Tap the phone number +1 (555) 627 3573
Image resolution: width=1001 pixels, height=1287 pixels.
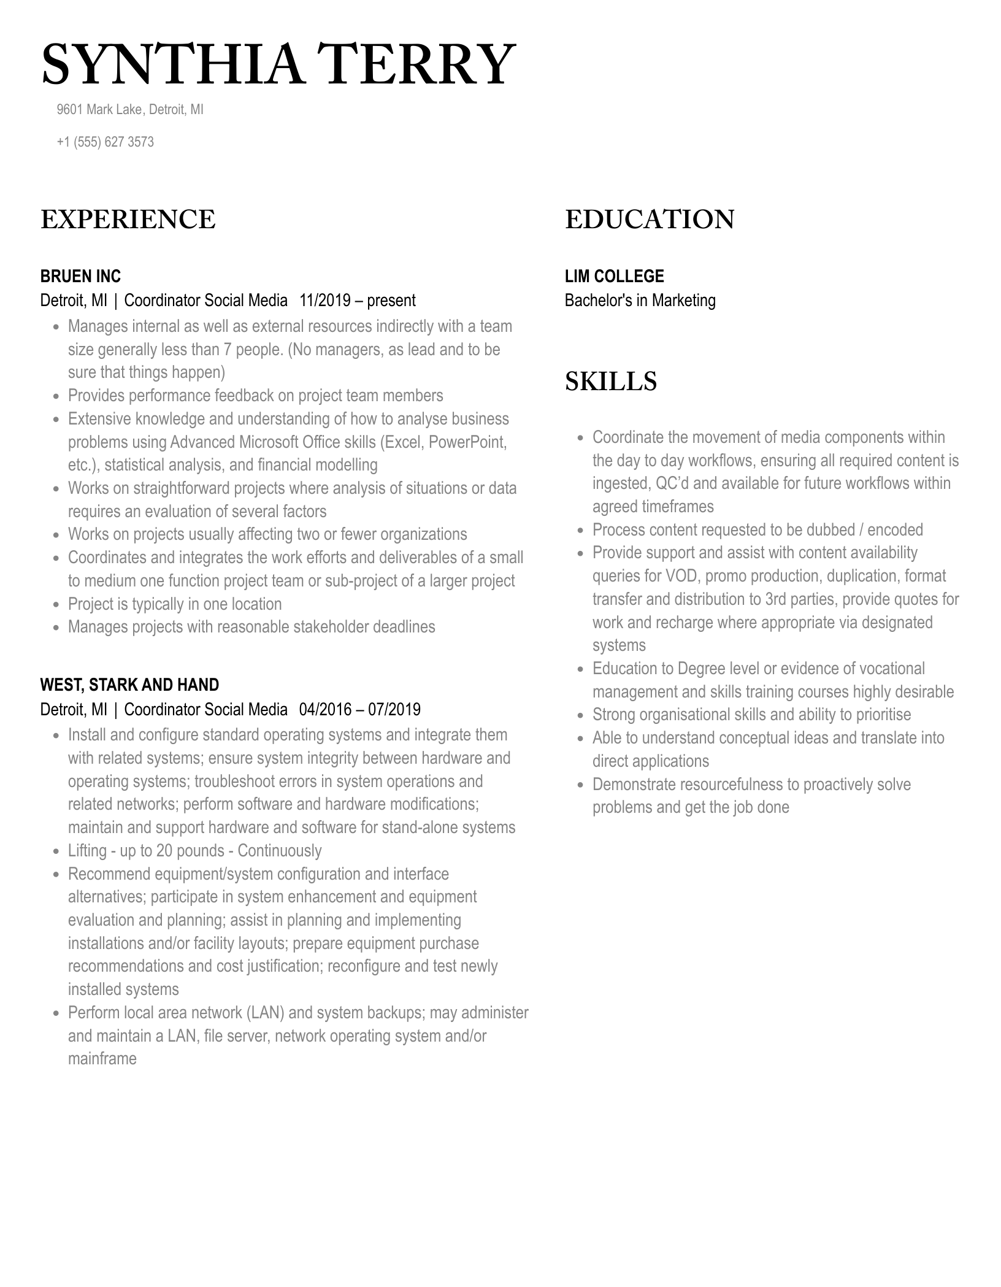click(x=105, y=142)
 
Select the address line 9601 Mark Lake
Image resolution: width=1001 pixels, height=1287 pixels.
click(x=99, y=110)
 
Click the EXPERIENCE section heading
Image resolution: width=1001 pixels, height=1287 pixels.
click(x=128, y=220)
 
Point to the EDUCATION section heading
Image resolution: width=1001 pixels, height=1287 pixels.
click(x=650, y=220)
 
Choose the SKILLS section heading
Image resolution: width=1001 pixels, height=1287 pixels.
click(x=610, y=382)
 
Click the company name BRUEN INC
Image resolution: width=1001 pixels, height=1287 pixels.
click(x=80, y=276)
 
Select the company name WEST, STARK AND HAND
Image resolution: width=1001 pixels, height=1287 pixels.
click(x=129, y=685)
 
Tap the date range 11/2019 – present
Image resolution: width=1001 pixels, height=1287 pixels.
click(x=358, y=301)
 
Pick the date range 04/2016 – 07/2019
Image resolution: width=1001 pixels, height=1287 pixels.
click(x=360, y=710)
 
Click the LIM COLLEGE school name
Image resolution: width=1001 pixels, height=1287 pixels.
click(x=614, y=276)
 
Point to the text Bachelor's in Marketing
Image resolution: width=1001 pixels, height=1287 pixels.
click(x=640, y=301)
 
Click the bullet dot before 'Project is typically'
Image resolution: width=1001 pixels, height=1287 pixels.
click(x=56, y=605)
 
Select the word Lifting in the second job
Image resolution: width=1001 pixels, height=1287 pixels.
click(x=88, y=851)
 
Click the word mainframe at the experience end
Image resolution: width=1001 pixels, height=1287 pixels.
click(x=102, y=1059)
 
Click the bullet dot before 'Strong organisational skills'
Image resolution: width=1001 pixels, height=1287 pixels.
click(x=581, y=716)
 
